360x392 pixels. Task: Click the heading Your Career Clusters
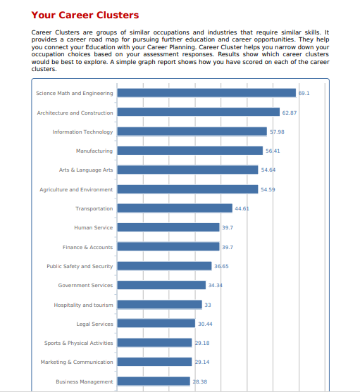[x=85, y=15]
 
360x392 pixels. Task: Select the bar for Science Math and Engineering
[x=206, y=93]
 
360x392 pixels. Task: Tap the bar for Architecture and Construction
[x=199, y=112]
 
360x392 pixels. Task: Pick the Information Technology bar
[x=192, y=131]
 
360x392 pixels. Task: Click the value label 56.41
[x=273, y=151]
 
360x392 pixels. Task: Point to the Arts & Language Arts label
[x=86, y=170]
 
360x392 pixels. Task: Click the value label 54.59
[x=268, y=190]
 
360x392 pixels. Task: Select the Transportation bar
[x=175, y=208]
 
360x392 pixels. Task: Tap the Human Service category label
[x=93, y=228]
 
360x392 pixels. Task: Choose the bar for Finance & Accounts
[x=168, y=246]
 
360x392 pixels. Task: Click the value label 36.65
[x=221, y=267]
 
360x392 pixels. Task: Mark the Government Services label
[x=85, y=286]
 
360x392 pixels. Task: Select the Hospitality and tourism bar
[x=160, y=305]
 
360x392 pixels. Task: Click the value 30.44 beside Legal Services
[x=205, y=324]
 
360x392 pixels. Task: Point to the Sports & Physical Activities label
[x=79, y=343]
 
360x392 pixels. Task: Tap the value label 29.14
[x=202, y=362]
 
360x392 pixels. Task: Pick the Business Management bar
[x=154, y=381]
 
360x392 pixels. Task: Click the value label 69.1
[x=304, y=94]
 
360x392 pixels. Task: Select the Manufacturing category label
[x=94, y=151]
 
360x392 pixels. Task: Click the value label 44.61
[x=242, y=209]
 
